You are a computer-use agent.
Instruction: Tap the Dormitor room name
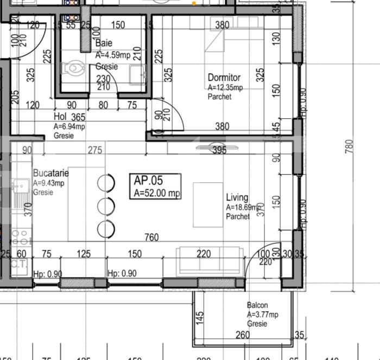[224, 78]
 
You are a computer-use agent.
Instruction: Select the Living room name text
[237, 198]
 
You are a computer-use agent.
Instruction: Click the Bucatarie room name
[50, 173]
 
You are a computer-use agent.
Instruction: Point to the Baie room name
[104, 43]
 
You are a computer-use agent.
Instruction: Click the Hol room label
[60, 117]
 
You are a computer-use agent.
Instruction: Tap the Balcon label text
[257, 306]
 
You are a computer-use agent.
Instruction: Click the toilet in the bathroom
[72, 69]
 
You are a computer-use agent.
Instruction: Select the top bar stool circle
[106, 183]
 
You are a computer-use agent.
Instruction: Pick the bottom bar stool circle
[106, 229]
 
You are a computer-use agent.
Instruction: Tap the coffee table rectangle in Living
[208, 204]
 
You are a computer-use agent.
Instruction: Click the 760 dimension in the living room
[151, 237]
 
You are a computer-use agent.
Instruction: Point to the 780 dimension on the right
[350, 146]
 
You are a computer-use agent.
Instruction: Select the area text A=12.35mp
[225, 88]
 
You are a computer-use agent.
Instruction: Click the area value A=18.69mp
[244, 207]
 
